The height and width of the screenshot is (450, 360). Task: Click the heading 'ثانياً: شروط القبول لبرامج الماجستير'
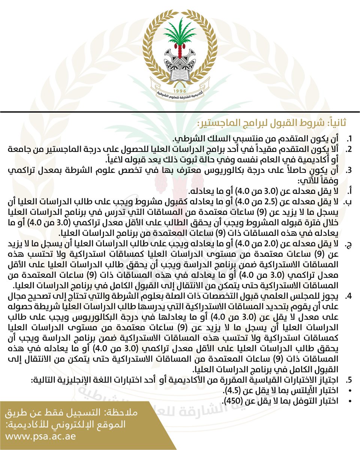coord(272,123)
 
